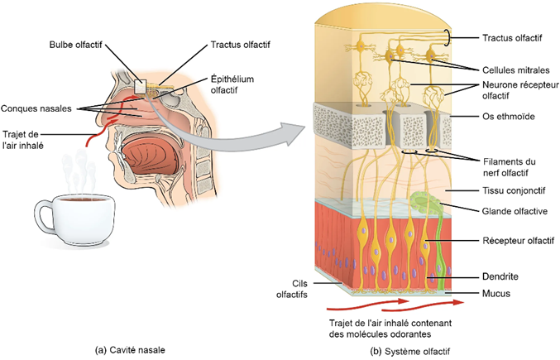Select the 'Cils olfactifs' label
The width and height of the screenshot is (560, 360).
(294, 287)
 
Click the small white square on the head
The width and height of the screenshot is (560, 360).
(141, 85)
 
